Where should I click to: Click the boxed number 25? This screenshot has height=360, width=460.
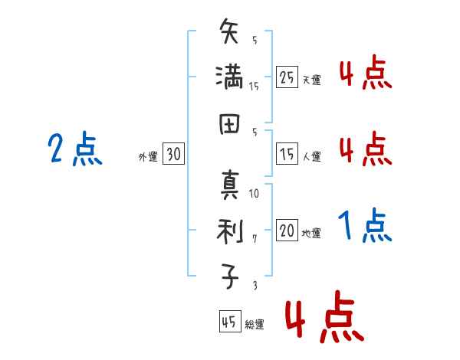pyautogui.click(x=287, y=77)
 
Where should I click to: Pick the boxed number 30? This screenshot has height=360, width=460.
pyautogui.click(x=173, y=155)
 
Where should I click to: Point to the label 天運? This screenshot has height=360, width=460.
pyautogui.click(x=311, y=79)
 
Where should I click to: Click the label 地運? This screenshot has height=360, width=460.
pyautogui.click(x=311, y=234)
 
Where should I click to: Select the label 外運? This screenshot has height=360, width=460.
pyautogui.click(x=148, y=157)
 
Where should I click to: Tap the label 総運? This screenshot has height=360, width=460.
pyautogui.click(x=254, y=325)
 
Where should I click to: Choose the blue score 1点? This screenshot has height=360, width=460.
pyautogui.click(x=364, y=226)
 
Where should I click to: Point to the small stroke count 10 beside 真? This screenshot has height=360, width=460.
pyautogui.click(x=255, y=194)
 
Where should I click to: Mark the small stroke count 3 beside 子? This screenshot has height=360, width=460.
pyautogui.click(x=255, y=285)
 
